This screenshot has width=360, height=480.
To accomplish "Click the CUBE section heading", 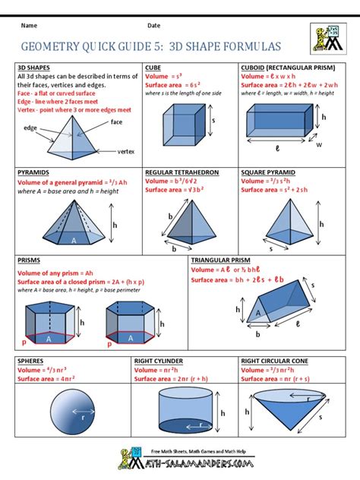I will [154, 67].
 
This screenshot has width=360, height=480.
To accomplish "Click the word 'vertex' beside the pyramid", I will [126, 152].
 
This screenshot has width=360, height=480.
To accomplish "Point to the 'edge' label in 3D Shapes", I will [31, 128].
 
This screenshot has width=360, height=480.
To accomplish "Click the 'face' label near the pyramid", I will [117, 122].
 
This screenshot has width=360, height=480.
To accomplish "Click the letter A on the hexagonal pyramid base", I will [74, 240].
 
